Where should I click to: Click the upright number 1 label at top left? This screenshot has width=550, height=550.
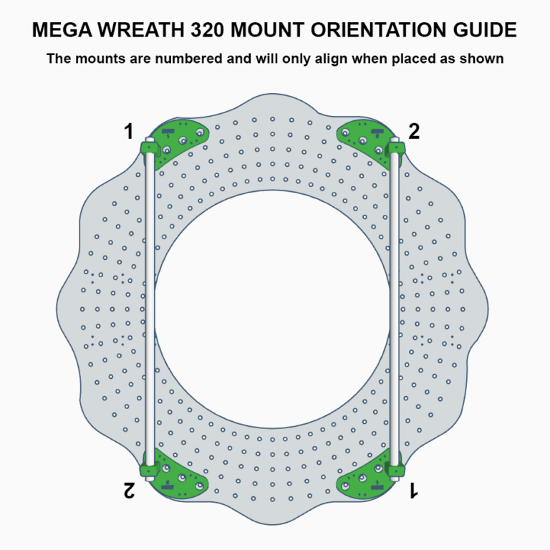tap(129, 132)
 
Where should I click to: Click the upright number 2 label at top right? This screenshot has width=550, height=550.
tap(414, 132)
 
